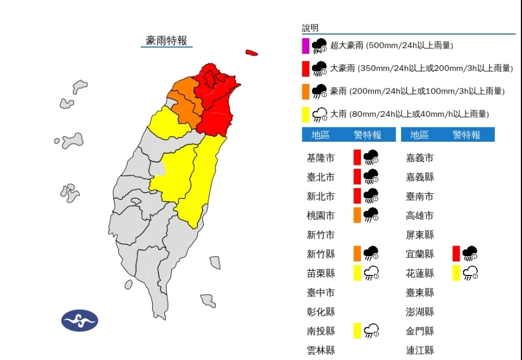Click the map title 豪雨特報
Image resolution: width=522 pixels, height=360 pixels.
point(166,40)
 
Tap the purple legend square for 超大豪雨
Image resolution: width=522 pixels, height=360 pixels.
point(305,45)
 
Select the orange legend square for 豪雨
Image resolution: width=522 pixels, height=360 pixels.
point(305,91)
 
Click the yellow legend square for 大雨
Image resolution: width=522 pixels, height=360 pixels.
point(305,114)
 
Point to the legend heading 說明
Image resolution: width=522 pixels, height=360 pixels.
point(310,28)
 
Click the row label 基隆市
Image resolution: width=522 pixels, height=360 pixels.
point(321,158)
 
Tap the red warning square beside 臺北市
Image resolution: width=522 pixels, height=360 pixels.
point(357,176)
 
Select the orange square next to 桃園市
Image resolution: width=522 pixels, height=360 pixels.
point(357,215)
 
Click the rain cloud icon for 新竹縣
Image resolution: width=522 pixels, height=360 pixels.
point(372,253)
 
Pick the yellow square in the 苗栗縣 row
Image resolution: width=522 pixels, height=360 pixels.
point(357,273)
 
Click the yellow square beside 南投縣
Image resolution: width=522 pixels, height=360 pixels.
point(357,331)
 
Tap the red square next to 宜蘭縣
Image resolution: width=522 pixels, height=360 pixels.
point(456,253)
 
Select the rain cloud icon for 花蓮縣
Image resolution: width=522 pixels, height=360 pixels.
point(470,273)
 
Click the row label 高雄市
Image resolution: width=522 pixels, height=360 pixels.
point(420,215)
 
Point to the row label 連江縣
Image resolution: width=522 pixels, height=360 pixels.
point(420,350)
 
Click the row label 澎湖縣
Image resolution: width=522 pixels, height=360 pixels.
point(420,311)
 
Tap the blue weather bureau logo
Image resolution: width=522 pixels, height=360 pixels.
point(79,320)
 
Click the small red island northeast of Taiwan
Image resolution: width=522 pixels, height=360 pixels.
point(251,53)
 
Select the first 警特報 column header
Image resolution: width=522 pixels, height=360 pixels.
point(367,135)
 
